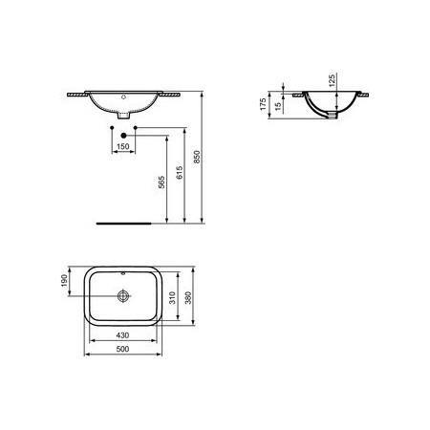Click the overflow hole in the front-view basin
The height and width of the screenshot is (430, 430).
coord(122,97)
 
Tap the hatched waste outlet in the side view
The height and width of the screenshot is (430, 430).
coord(331,116)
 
